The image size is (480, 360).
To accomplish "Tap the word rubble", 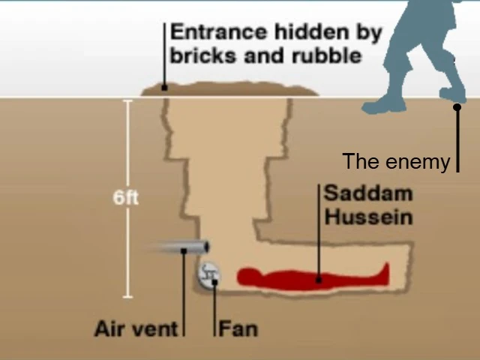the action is tap(326, 55).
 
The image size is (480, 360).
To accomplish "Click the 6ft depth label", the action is tap(126, 198).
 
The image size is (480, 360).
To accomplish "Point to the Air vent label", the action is tap(136, 328).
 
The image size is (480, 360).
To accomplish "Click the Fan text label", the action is tap(238, 328).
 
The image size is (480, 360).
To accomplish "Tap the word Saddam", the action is tap(367, 193).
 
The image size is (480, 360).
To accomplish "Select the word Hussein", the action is tap(367, 217).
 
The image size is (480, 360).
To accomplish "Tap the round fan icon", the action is tap(209, 274).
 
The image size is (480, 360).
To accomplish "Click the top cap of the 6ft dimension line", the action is tap(127, 99).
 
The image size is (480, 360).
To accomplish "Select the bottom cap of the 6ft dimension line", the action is tap(127, 297).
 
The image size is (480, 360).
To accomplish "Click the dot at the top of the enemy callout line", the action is tap(457, 107).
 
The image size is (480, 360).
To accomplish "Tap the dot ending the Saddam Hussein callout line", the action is tap(319, 280).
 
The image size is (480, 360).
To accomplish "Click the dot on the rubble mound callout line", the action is tap(164, 88).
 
